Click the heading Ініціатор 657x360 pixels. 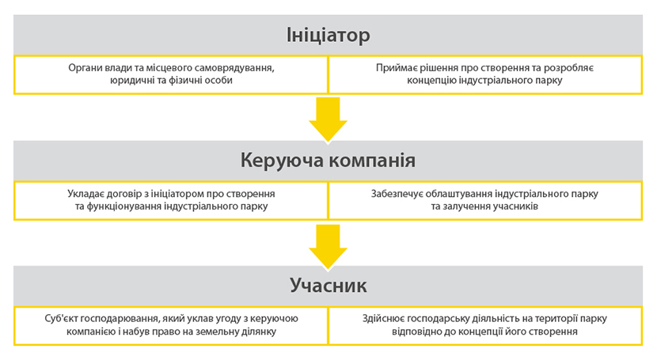click(x=328, y=35)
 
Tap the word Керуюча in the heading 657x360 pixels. click(x=280, y=161)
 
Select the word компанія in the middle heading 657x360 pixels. click(x=372, y=161)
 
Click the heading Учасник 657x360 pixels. click(x=328, y=286)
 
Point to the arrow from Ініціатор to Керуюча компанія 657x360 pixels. click(x=328, y=119)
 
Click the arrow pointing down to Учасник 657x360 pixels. click(x=328, y=247)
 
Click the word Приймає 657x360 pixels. click(x=394, y=68)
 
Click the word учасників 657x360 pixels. click(x=515, y=207)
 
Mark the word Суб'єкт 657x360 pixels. click(x=61, y=319)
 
